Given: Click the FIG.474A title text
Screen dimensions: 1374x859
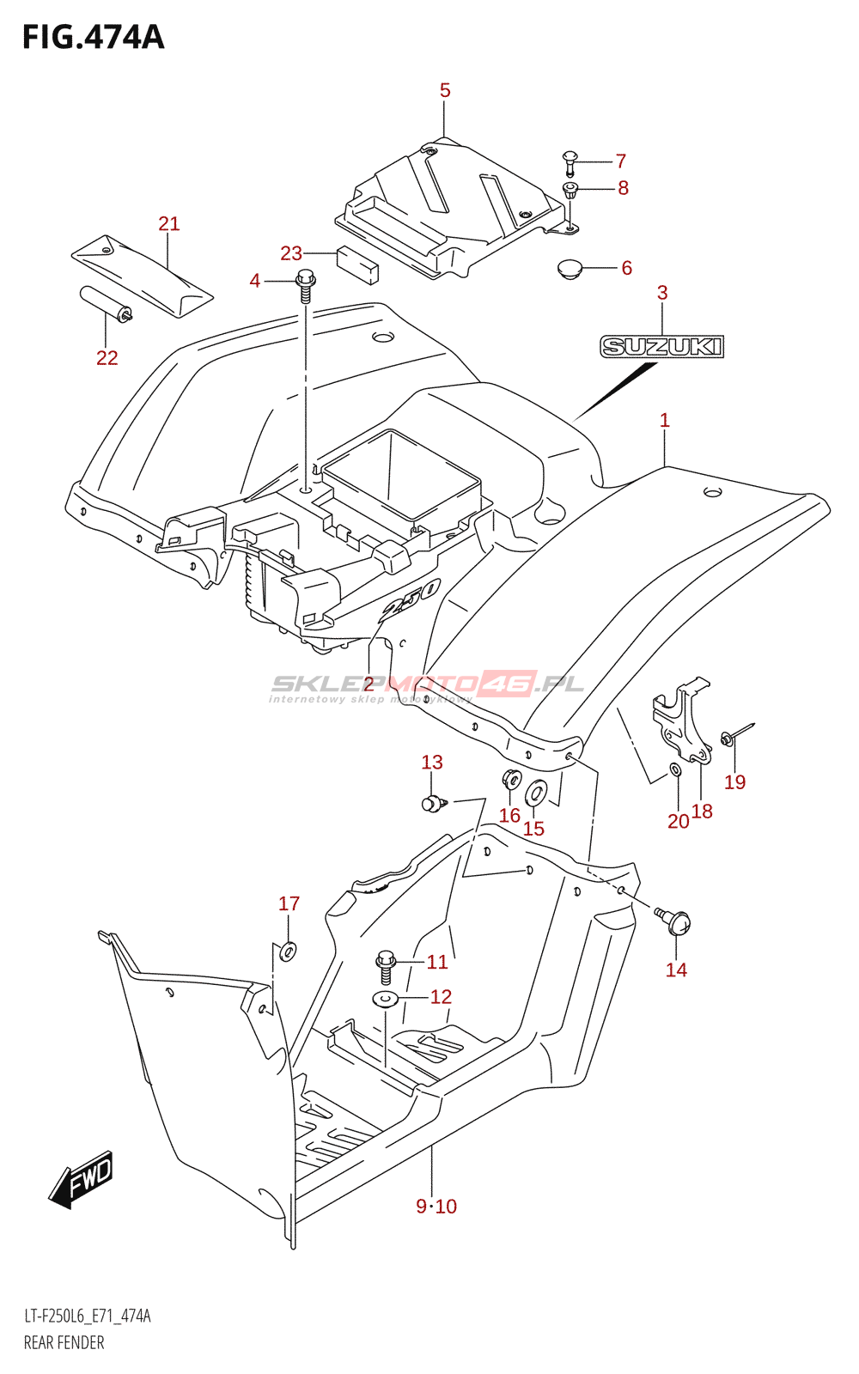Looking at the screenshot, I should coord(93,37).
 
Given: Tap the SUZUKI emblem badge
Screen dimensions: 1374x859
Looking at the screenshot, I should coord(661,347).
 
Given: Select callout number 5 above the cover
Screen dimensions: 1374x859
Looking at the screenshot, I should coord(445,90).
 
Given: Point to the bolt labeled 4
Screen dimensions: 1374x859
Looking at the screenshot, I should coord(305,284).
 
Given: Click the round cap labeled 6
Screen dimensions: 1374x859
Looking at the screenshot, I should coord(569,269).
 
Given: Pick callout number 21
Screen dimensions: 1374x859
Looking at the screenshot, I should coord(169,224).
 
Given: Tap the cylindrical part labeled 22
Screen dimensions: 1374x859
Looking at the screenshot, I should coord(105,304).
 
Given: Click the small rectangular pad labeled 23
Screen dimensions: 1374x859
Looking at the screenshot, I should coord(356,264).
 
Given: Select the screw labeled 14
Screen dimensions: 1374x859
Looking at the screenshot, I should coord(676,921).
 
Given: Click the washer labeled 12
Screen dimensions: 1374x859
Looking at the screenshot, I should coord(385,999).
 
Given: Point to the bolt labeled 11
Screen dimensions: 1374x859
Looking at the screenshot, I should coord(385,966).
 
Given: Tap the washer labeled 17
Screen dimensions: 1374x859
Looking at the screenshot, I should coord(288,950).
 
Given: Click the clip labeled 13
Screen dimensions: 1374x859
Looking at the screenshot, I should coord(434,803).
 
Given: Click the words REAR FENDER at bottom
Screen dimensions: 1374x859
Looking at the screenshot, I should coord(64,1342).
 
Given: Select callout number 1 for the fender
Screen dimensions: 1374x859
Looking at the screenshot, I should coord(664,421).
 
